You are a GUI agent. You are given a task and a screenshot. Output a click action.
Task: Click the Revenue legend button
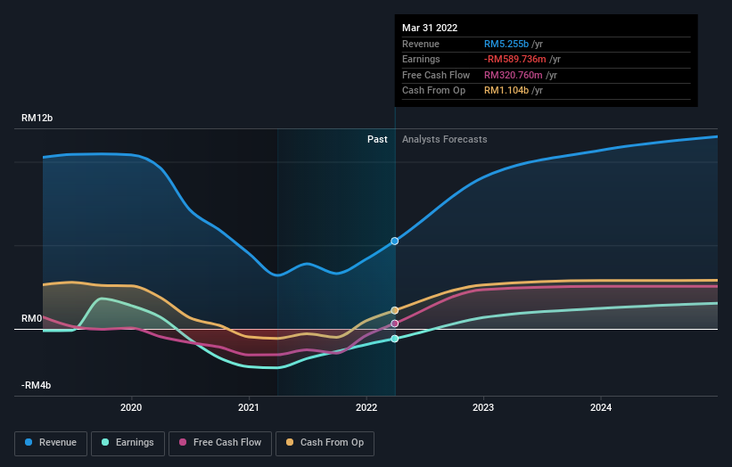[x=51, y=442]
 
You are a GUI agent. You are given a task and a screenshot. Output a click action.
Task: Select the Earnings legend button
[x=127, y=442]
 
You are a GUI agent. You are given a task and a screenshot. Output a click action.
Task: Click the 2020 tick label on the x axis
[x=131, y=408]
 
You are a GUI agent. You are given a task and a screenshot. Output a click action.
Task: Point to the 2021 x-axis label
[x=249, y=408]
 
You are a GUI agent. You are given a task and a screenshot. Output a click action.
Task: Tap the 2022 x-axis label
[x=366, y=408]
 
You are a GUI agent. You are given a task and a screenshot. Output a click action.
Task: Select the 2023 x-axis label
[x=484, y=408]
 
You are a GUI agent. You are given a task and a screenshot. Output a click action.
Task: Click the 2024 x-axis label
[x=601, y=408]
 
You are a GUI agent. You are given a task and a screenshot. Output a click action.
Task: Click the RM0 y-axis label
[x=33, y=318]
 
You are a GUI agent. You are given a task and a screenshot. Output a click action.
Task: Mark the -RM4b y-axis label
[x=37, y=385]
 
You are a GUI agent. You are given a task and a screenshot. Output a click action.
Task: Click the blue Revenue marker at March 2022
[x=395, y=242]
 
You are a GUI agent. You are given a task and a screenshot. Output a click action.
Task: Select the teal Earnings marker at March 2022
[x=395, y=339]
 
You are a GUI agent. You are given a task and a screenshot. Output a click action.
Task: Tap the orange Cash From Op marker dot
[x=395, y=310]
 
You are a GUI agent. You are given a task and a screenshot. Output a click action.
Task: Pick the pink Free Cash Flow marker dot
[x=395, y=324]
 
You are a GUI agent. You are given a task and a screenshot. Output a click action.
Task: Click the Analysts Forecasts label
[x=444, y=139]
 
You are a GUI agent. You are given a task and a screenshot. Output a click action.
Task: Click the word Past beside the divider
[x=377, y=139]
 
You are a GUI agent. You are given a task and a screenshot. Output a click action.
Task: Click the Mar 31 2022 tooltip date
[x=430, y=28]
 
